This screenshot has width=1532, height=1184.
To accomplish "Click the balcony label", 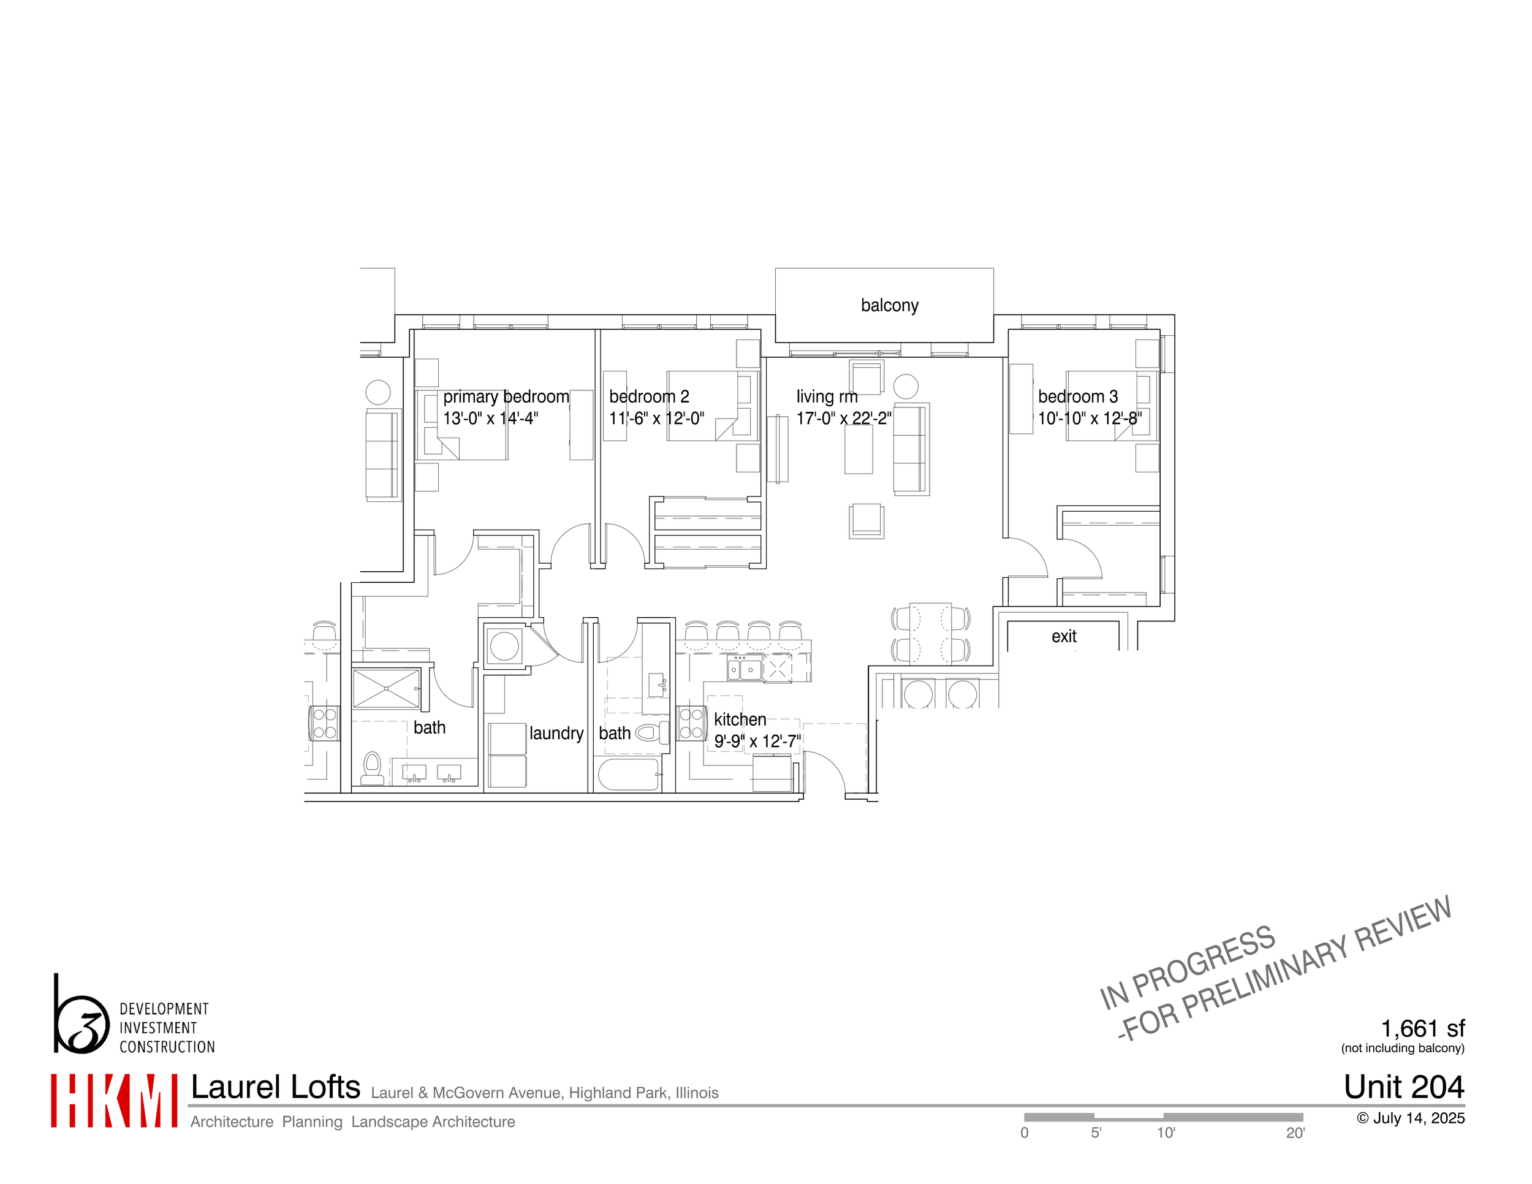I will point(889,306).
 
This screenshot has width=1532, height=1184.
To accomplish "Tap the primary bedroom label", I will point(506,397).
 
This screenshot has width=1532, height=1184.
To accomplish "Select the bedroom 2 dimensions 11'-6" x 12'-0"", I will point(656,419).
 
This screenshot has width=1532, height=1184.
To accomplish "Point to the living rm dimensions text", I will point(843,419).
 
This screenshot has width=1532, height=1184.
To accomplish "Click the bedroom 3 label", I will point(1077,397).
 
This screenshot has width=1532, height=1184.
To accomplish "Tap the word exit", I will point(1063,637).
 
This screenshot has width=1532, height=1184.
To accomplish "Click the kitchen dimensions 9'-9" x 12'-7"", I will point(757,742).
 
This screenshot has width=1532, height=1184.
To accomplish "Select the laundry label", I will point(556,734).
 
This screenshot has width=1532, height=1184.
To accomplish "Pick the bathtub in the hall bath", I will point(629,775).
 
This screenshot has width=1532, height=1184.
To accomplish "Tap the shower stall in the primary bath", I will point(386,689).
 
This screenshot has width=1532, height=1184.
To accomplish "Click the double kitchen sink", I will point(742,670).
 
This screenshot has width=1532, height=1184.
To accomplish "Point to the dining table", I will point(930,632).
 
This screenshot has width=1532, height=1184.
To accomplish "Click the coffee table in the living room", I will point(859,450).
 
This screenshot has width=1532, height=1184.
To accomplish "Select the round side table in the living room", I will point(906,387).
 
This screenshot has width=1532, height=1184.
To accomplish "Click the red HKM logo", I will point(113,1101).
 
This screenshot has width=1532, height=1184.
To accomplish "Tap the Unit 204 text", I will point(1404,1087).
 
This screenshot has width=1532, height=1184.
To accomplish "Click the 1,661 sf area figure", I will point(1422,1029).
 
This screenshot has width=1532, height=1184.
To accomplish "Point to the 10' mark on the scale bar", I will point(1166,1133).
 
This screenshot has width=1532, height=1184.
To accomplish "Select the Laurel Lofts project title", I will point(276,1087).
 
